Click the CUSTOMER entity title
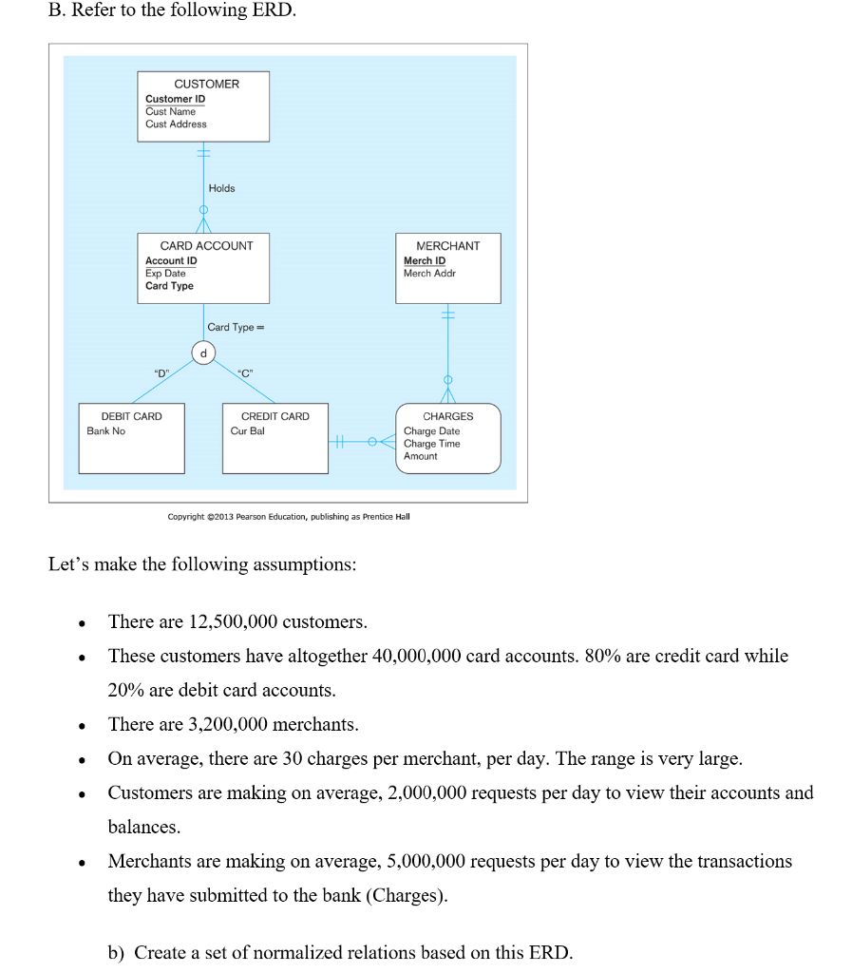point(206,84)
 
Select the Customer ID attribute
point(175,99)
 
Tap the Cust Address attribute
point(176,124)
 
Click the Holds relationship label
point(221,188)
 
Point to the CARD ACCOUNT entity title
point(206,245)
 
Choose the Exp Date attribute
point(165,273)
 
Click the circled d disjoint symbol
point(201,353)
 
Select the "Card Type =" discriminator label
point(236,327)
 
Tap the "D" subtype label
point(161,373)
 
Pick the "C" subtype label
point(244,373)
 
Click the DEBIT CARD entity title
point(131,416)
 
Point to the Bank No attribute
point(105,430)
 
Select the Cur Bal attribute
point(247,430)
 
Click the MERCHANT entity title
point(447,245)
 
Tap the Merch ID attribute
point(424,260)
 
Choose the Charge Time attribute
point(431,444)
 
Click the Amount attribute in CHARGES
point(420,456)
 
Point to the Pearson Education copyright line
point(289,517)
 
